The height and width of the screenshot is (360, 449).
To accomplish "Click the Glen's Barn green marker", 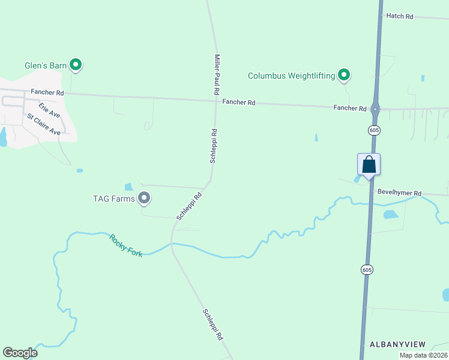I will [75, 64].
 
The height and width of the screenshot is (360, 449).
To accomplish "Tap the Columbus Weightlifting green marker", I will [344, 75].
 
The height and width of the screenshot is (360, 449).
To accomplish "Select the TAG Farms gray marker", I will [143, 197].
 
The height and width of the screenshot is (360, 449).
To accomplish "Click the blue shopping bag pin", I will [369, 164].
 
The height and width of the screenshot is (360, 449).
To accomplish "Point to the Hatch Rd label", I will [400, 16].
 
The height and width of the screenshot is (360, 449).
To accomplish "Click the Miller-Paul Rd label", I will [217, 74].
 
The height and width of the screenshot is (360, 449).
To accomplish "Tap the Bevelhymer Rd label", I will [399, 193].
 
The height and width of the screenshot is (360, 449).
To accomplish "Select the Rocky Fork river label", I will [126, 245].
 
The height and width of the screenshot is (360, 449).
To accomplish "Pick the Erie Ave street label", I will [49, 110].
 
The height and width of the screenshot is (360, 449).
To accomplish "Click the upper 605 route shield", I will [374, 130].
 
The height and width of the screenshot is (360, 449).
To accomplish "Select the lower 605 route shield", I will [367, 270].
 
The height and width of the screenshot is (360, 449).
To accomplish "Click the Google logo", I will [20, 353].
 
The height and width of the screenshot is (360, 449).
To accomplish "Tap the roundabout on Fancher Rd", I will [375, 109].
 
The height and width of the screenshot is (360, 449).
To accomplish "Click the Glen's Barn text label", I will [44, 65].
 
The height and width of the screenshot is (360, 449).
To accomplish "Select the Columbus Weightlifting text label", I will [291, 76].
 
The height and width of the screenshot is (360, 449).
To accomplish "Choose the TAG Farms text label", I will [113, 199].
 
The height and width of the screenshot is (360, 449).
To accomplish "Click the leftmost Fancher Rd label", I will [52, 93].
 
